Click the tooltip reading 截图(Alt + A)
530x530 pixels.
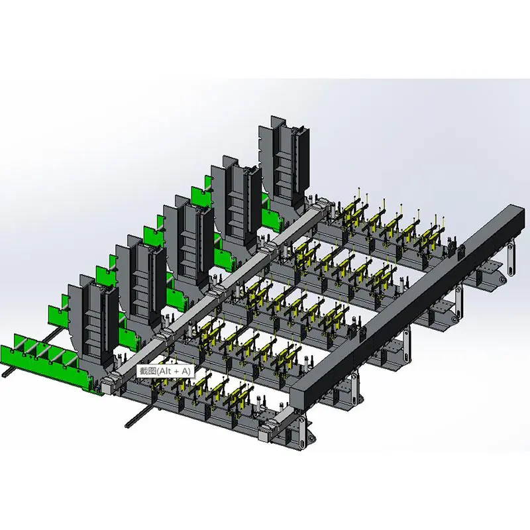click(165, 371)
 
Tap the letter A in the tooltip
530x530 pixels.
click(185, 371)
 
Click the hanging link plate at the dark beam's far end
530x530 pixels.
click(510, 256)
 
